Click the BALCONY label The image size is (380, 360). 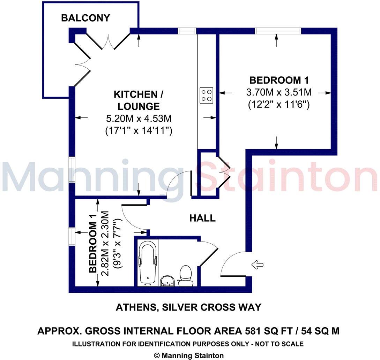point(85,18)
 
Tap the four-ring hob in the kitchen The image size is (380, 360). point(207,95)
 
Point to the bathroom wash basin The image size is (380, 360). point(168,281)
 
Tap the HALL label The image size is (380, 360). point(202,219)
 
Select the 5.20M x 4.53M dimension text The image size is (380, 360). point(139,119)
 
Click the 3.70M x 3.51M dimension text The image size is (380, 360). point(279,92)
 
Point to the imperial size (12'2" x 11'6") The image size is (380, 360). point(279,104)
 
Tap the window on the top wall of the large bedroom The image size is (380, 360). point(278,31)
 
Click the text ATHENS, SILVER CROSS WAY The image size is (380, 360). point(188,307)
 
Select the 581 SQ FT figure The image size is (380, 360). point(270,331)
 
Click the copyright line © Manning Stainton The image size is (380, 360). point(188,355)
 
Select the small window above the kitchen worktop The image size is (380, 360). point(187,31)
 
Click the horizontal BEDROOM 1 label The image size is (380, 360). point(279,81)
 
